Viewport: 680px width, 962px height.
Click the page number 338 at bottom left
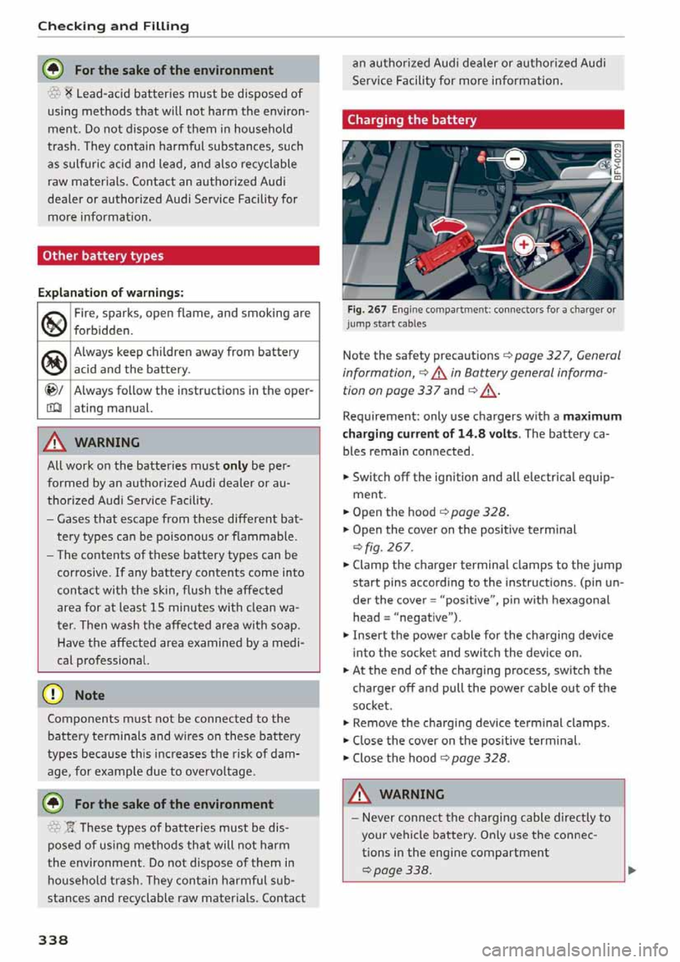[x=53, y=939]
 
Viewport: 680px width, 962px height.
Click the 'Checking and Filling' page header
[x=113, y=26]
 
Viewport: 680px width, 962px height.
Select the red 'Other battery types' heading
[x=103, y=256]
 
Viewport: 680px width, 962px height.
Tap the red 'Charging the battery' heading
[x=412, y=120]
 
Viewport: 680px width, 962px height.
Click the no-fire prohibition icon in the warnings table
[x=55, y=322]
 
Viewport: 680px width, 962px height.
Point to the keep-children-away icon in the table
[x=55, y=361]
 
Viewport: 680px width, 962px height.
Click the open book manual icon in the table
[x=55, y=409]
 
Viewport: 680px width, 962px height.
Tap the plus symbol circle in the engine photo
[x=523, y=245]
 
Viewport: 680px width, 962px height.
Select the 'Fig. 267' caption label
[x=367, y=310]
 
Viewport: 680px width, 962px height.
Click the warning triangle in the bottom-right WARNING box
[x=360, y=794]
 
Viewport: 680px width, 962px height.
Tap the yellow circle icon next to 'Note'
[x=55, y=695]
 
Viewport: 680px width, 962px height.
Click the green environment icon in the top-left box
[x=55, y=69]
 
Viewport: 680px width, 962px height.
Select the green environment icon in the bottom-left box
[x=55, y=803]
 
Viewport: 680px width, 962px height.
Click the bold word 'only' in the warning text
[x=235, y=465]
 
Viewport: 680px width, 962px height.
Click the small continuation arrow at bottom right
[x=632, y=870]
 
